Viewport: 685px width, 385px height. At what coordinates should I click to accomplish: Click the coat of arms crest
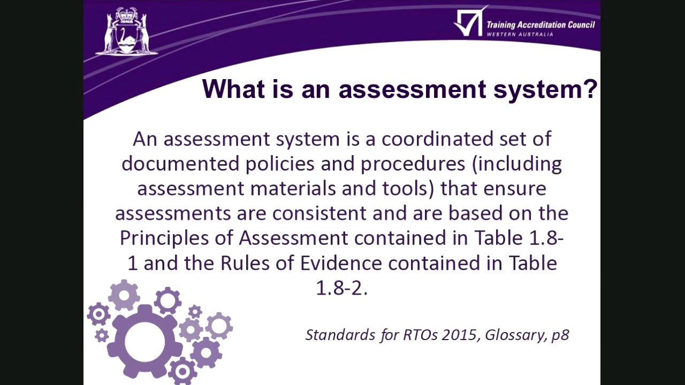click(x=127, y=32)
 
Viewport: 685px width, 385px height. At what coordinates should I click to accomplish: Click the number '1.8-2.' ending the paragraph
click(x=341, y=288)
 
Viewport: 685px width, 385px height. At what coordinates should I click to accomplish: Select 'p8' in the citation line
click(x=560, y=335)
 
